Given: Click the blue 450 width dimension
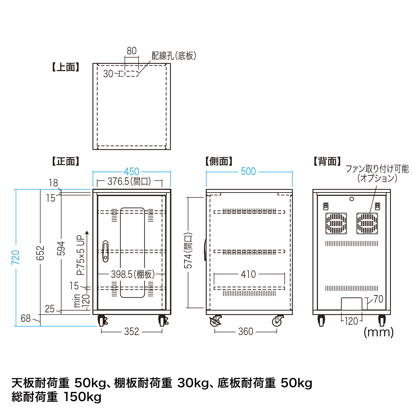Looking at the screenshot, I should [x=132, y=171].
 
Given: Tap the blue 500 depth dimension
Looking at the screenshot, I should [x=248, y=171].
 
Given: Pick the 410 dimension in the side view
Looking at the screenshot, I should [x=248, y=274].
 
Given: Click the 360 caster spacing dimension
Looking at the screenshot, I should [x=246, y=331].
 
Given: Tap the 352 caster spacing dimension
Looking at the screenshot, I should [x=132, y=331].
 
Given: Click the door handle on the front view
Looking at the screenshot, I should [x=105, y=251].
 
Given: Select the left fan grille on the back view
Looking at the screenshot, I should [x=336, y=223].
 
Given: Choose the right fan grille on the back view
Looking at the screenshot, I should [x=367, y=223].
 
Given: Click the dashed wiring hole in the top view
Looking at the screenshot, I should [x=132, y=74].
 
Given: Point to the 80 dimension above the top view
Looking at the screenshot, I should [x=132, y=51].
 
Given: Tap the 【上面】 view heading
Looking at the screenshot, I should [x=66, y=67].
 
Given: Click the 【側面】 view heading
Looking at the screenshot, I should [x=219, y=161].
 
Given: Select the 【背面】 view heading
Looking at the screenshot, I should [x=327, y=161].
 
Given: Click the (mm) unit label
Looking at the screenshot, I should [x=379, y=332].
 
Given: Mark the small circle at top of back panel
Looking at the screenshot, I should [x=351, y=199].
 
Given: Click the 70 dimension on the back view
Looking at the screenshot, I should [x=378, y=299].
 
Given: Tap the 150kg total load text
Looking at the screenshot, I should [x=82, y=397].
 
